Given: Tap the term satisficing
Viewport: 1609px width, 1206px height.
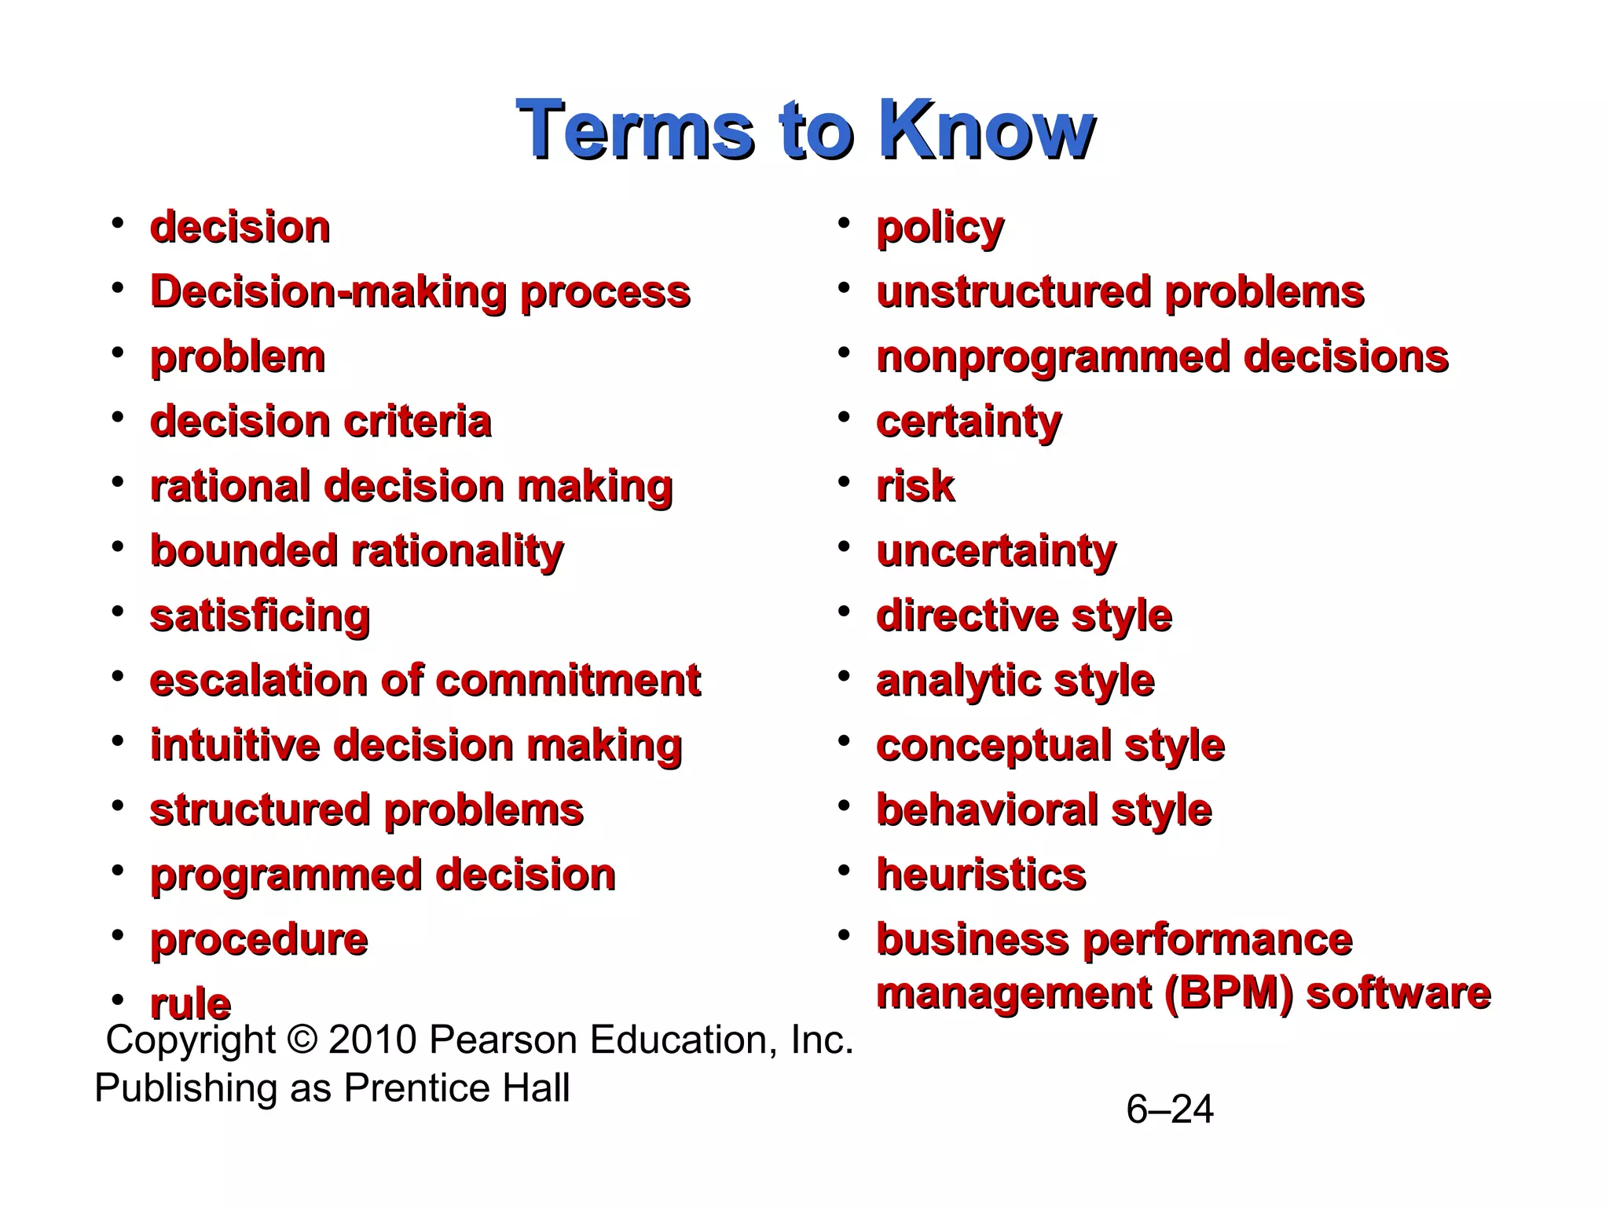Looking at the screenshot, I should (259, 616).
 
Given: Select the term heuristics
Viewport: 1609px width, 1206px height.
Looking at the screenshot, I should (980, 875).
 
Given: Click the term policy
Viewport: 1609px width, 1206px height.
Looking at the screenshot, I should (940, 228).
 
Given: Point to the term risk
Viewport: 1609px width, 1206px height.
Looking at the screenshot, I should (915, 487).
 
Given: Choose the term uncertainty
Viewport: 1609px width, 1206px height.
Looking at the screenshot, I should (995, 551).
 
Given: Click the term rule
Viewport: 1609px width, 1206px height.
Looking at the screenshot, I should (190, 1004).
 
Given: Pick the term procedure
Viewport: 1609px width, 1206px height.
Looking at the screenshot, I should (258, 940).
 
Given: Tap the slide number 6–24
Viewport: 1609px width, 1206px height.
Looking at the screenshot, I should (1169, 1109).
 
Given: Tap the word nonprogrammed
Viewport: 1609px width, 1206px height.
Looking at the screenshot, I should (1053, 358).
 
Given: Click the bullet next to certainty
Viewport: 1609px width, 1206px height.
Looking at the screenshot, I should (844, 417).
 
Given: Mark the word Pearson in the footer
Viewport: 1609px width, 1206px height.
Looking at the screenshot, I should (503, 1040).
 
